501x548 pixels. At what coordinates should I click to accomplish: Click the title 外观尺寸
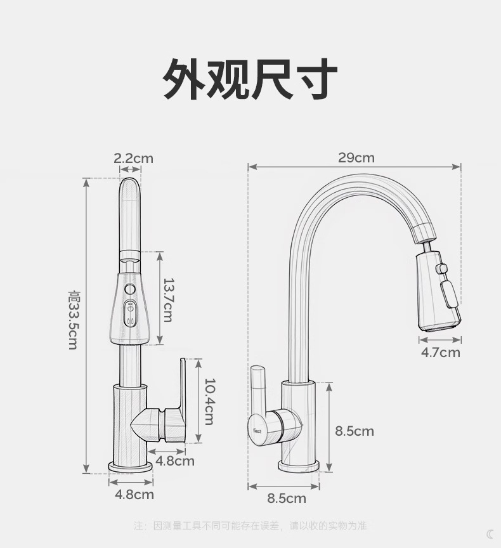pos(250,79)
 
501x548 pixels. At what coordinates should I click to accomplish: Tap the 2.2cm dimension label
pos(133,158)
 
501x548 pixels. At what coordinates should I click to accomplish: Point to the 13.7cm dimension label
pos(167,299)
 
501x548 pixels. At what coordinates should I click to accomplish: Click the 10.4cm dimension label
pos(209,401)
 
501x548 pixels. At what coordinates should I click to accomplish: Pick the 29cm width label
pos(356,157)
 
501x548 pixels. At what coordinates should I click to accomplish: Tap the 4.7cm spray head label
pos(440,353)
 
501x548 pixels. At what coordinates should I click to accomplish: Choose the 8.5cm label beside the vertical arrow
pos(355,431)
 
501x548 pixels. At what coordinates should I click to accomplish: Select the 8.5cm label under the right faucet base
pos(287,499)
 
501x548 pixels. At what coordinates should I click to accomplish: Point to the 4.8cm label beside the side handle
pos(175,461)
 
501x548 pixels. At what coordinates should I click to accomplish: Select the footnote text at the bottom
pos(251,526)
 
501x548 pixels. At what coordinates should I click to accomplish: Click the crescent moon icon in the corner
pos(490,534)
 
